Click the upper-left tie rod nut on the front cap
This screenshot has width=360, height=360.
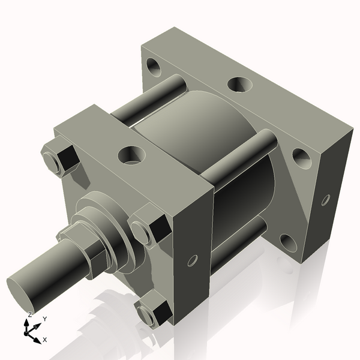point(60,158)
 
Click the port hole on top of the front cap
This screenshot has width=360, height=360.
point(131,155)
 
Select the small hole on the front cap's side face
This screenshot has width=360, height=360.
point(193,260)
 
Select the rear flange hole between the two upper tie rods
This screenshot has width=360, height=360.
point(239,85)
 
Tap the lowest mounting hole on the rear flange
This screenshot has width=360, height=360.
point(288,242)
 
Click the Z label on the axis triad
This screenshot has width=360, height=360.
point(30,314)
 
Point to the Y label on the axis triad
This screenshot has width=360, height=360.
point(45,319)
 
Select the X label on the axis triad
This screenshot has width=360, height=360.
point(46,340)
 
